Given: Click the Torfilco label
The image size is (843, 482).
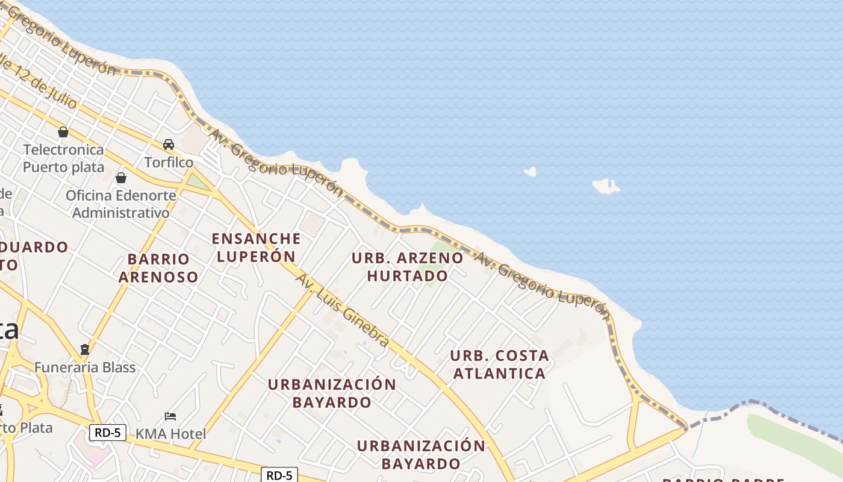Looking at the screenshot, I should click(x=169, y=162).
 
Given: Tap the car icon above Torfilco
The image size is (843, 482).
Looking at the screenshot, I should click(x=169, y=145).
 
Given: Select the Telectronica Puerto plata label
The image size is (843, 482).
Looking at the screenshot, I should click(x=63, y=158).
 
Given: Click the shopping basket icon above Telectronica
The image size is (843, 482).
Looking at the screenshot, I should click(x=63, y=132).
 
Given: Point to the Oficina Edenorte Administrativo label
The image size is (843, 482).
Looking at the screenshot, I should click(x=121, y=204).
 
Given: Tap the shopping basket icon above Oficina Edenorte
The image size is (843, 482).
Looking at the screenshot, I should click(x=121, y=178).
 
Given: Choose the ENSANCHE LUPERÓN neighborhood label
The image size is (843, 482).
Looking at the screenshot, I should click(x=256, y=247).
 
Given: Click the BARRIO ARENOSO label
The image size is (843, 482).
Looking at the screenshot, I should click(x=158, y=268).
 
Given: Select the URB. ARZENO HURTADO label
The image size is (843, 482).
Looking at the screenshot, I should click(x=408, y=267).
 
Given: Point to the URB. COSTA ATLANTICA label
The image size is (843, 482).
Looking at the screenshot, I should click(x=499, y=365).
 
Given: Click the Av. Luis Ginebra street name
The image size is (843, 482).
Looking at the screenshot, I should click(x=342, y=310).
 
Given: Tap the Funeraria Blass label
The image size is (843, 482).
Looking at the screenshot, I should click(x=85, y=367).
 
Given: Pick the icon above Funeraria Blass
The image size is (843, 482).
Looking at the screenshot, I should click(x=85, y=349).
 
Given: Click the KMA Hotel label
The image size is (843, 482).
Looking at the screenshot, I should click(x=170, y=433).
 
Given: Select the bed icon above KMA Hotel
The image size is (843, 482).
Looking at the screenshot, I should click(x=170, y=416).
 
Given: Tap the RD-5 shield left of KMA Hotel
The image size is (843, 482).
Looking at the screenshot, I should click(x=108, y=432).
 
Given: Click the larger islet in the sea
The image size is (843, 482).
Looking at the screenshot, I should click(x=606, y=186).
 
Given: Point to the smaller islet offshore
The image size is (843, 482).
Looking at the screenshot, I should click(x=530, y=172).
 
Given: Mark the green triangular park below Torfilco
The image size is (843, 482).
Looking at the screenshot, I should click(x=198, y=181).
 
